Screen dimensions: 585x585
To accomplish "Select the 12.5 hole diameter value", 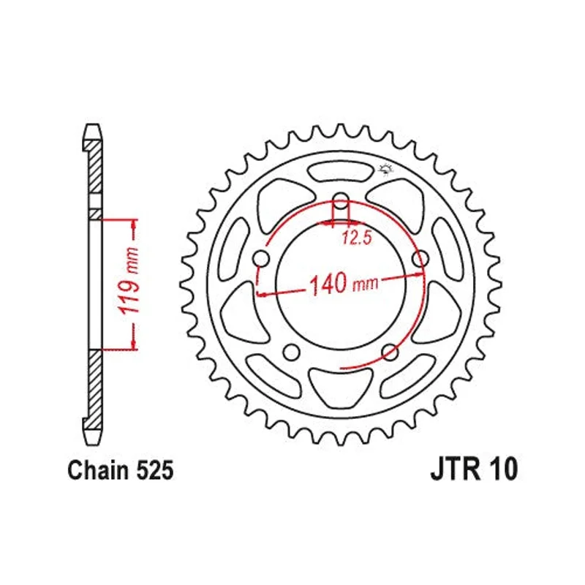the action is (357, 238).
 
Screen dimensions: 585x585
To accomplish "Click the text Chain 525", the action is (121, 470).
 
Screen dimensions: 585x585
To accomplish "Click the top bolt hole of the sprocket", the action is (340, 201).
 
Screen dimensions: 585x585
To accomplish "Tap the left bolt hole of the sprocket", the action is (261, 259).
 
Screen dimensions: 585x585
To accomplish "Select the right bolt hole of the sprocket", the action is (420, 259).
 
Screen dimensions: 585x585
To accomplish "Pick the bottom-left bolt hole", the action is (291, 352).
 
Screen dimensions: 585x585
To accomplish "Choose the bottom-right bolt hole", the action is (390, 352).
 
